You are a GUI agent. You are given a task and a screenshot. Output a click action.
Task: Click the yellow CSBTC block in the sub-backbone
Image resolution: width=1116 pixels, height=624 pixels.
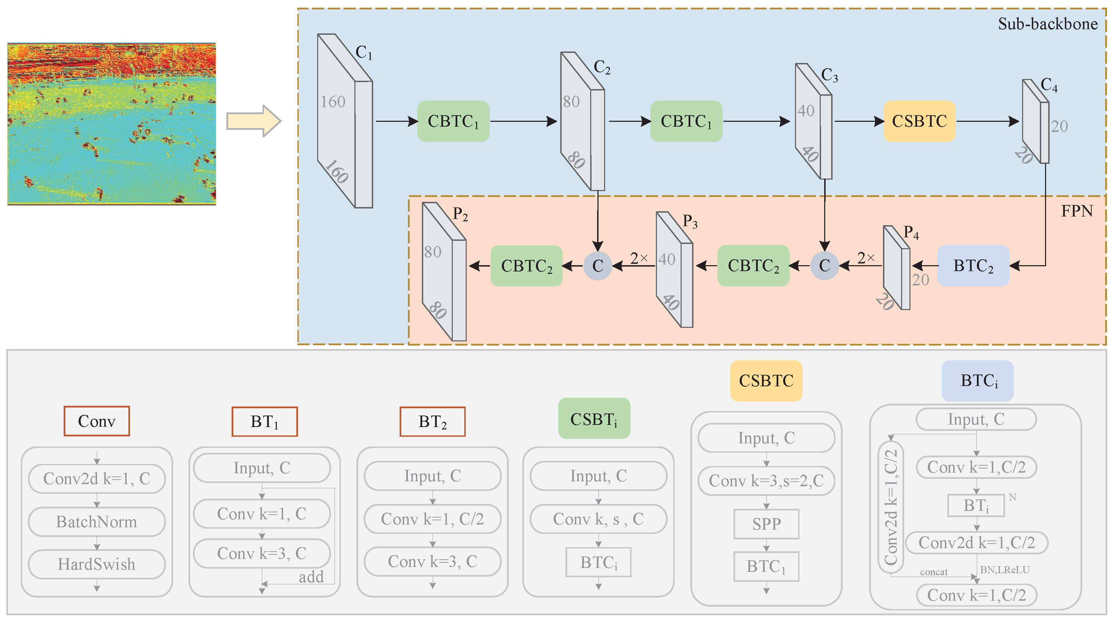pos(919,121)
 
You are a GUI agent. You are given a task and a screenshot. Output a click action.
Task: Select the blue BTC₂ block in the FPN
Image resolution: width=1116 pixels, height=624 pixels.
pos(973,266)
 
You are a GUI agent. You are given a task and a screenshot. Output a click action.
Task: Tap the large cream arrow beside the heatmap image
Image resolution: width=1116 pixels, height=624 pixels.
pos(254,121)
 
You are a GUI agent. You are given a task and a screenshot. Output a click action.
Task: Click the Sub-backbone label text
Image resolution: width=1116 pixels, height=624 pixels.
pos(1047,24)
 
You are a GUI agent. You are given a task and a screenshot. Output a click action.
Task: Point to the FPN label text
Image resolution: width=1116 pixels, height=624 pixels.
pos(1077,211)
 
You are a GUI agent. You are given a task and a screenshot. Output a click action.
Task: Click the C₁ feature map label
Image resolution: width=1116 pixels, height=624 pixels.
pos(364,53)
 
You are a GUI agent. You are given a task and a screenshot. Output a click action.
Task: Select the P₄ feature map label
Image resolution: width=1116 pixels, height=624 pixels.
pos(911,233)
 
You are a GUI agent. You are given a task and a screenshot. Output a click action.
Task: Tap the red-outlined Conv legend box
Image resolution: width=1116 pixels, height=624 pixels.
pos(97,421)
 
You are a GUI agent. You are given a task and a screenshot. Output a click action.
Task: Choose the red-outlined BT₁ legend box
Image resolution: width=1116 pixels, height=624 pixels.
pos(265,421)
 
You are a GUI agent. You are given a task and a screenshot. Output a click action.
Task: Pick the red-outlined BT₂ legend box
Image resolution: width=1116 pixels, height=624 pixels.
pos(432,421)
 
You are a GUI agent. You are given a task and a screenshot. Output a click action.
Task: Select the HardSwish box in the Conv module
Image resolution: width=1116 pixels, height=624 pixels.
pos(97,564)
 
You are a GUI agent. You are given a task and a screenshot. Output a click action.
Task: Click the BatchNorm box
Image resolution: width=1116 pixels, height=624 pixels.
pos(97,522)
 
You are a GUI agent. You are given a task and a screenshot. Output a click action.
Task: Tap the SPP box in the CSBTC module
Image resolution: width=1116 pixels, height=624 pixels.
pos(766,524)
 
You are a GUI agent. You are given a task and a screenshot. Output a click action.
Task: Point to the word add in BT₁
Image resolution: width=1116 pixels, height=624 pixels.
pos(311,577)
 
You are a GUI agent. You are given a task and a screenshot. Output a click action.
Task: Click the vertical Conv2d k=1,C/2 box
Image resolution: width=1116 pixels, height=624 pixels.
pos(891,506)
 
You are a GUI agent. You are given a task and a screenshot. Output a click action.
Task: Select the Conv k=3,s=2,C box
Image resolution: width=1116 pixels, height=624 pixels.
pos(766,481)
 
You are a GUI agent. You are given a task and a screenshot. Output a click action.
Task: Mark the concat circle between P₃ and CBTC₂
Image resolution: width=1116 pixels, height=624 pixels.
pos(598,266)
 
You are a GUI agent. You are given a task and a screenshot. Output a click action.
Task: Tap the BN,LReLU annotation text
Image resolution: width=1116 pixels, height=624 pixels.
pos(1005,570)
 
